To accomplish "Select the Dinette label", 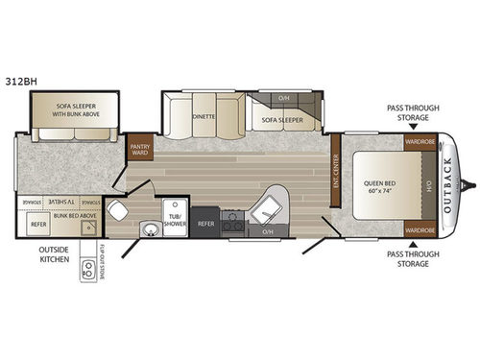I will [203, 115].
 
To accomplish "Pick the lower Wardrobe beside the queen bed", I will [420, 230].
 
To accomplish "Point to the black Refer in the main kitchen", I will [205, 223].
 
